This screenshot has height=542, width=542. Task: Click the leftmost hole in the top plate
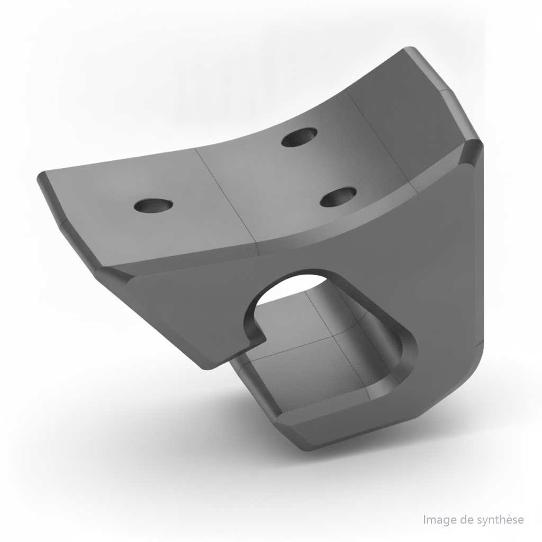click(x=153, y=205)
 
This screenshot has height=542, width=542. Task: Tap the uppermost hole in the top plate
click(x=300, y=137)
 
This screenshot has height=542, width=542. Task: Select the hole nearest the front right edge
click(x=338, y=197)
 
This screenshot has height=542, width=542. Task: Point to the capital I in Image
click(x=424, y=520)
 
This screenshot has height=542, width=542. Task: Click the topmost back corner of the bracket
click(x=410, y=49)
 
